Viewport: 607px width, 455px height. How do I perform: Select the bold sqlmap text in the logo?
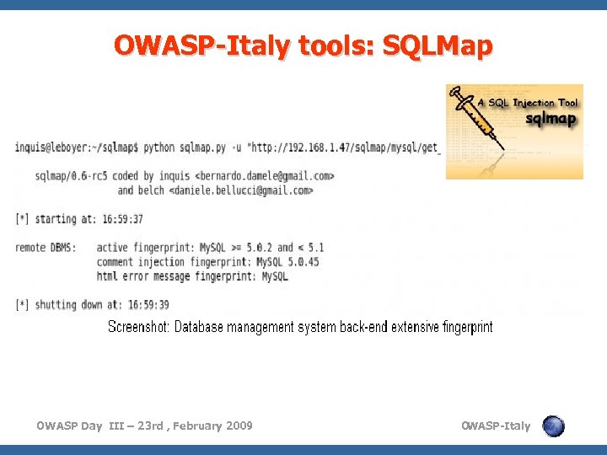point(552,120)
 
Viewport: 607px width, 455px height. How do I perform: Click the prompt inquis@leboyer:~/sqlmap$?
point(77,147)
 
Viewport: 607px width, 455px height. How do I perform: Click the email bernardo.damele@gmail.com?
point(265,176)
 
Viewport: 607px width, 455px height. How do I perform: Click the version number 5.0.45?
point(299,262)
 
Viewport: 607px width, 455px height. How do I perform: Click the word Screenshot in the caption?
point(138,327)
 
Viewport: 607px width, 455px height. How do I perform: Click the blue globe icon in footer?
point(554,426)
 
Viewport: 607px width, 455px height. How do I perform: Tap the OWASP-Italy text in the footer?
point(496,426)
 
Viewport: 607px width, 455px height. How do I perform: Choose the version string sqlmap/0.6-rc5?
point(73,176)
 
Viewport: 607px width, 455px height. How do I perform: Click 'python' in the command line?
point(160,147)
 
